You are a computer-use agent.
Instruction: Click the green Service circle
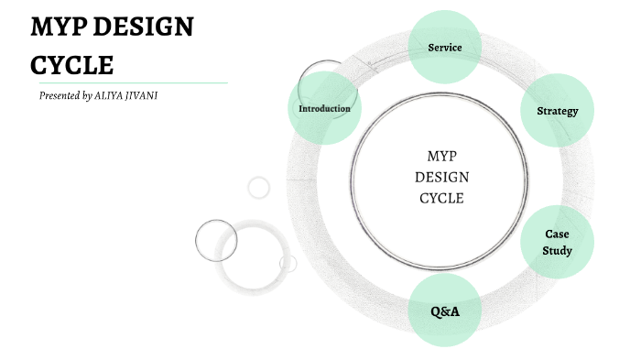(444, 47)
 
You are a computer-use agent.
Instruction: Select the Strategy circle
(557, 111)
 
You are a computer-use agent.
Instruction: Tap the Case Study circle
(557, 242)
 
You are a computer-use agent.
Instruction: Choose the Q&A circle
(444, 311)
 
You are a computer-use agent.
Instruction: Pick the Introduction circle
(324, 108)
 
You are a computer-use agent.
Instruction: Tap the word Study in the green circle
(557, 250)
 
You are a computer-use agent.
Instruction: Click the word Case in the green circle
(557, 235)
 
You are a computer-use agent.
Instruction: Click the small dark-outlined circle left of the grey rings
(216, 240)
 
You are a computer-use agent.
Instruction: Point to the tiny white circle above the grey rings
(259, 188)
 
